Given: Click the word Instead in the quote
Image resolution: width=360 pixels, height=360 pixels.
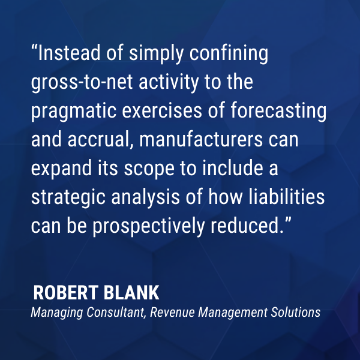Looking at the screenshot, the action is click(69, 53).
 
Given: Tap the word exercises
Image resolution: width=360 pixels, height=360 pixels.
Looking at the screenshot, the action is click(162, 110).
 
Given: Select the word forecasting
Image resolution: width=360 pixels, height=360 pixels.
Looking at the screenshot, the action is click(278, 112).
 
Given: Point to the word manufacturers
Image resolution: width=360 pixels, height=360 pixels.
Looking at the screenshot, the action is click(201, 139).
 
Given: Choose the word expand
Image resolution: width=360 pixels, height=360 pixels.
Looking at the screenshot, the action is click(62, 169).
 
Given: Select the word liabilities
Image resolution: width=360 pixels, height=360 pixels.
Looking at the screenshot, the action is click(287, 197).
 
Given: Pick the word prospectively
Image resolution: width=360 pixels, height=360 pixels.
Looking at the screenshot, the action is click(149, 227).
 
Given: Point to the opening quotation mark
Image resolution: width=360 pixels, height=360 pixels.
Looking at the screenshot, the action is click(34, 48).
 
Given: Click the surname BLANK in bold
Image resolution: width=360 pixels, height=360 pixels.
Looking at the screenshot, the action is click(131, 293).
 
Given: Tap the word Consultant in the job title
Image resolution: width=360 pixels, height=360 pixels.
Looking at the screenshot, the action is click(115, 313).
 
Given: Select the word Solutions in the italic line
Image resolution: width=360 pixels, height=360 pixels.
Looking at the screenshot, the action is click(295, 312).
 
